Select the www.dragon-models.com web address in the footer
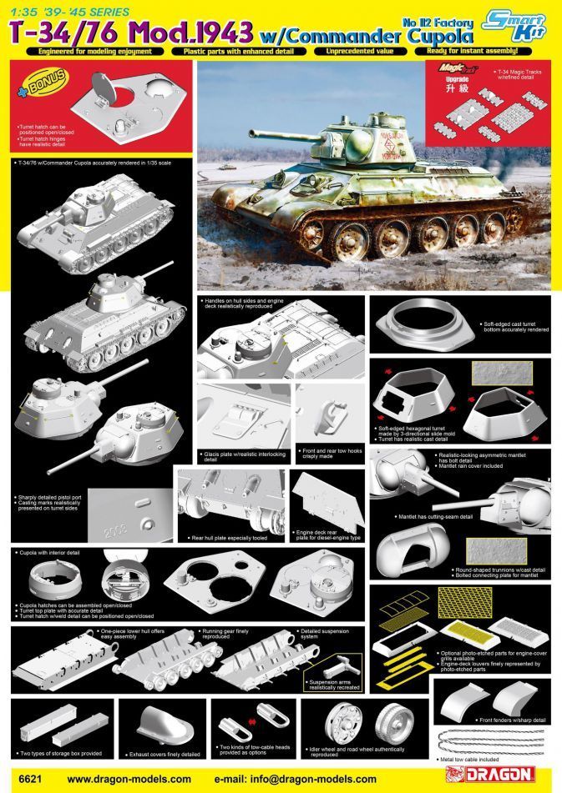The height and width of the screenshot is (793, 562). (x=124, y=779)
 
